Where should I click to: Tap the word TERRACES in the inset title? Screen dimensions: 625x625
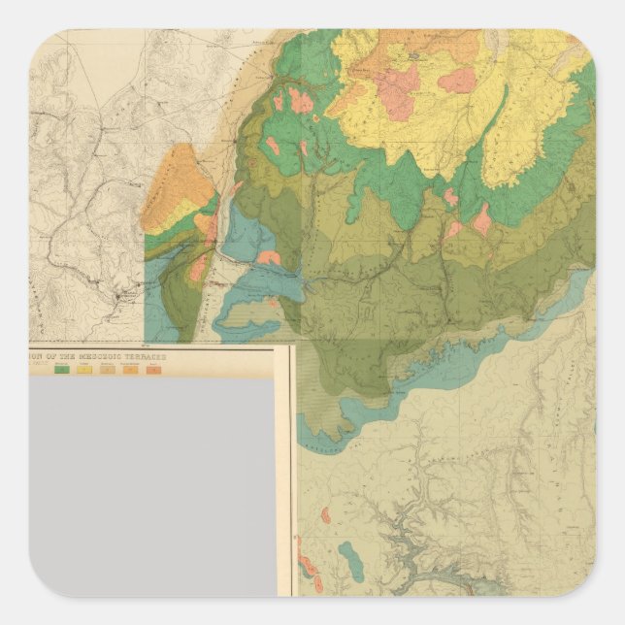(x=145, y=356)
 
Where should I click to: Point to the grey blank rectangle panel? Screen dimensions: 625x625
(x=152, y=485)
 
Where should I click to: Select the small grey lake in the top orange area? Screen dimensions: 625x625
(x=415, y=57)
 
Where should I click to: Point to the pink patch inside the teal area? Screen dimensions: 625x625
(x=269, y=258)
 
